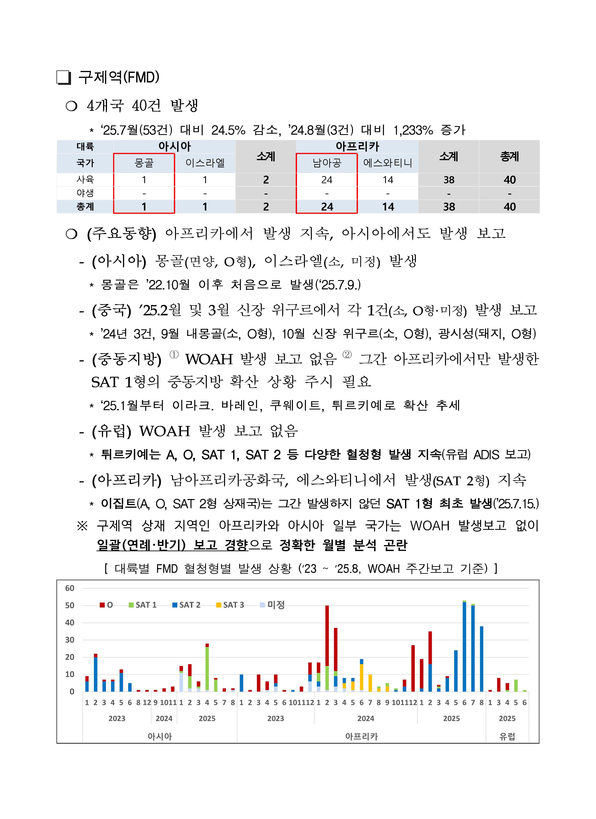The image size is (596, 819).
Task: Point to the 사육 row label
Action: [x=85, y=179]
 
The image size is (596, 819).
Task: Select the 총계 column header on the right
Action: [x=509, y=156]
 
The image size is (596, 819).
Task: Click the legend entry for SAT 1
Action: [x=143, y=605]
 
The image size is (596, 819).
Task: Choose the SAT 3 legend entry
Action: [x=230, y=605]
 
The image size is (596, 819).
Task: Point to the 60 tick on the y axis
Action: [x=70, y=588]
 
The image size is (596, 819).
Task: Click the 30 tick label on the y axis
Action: [x=70, y=640]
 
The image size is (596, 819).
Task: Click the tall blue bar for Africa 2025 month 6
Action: [x=464, y=646]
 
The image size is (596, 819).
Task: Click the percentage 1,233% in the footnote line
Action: [x=413, y=130]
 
